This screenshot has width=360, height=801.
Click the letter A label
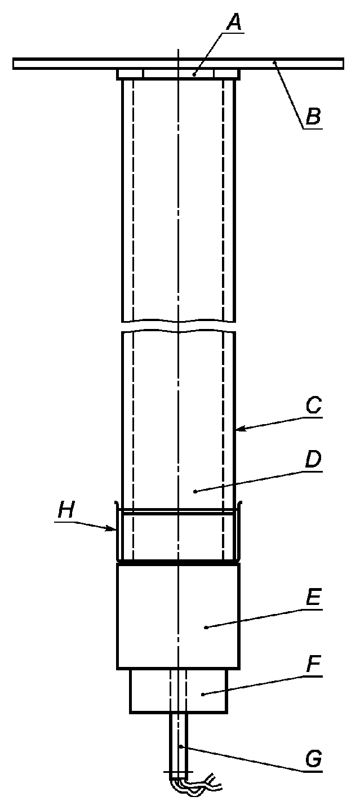[x=234, y=23]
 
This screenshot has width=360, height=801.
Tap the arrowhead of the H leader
[x=115, y=529]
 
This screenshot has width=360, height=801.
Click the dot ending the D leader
[x=195, y=492]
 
